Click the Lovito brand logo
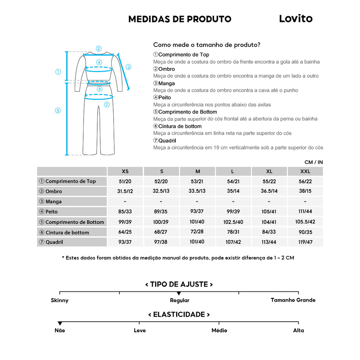click(x=296, y=19)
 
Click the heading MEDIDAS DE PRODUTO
click(x=180, y=19)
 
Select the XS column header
click(x=125, y=172)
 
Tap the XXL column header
click(x=305, y=172)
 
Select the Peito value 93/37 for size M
click(x=198, y=212)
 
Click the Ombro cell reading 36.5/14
click(x=269, y=191)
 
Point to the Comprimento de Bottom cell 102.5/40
click(x=233, y=222)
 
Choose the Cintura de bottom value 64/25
click(x=125, y=232)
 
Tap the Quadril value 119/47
click(x=305, y=242)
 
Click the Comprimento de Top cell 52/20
click(x=161, y=181)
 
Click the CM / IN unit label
click(x=314, y=162)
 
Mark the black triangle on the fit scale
click(x=179, y=293)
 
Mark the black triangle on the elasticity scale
click(x=60, y=323)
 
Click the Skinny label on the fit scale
click(x=60, y=301)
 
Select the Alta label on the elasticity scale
click(x=298, y=330)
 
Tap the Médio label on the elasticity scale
click(x=219, y=330)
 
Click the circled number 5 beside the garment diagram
click(x=58, y=110)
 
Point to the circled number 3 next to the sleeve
click(x=128, y=67)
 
